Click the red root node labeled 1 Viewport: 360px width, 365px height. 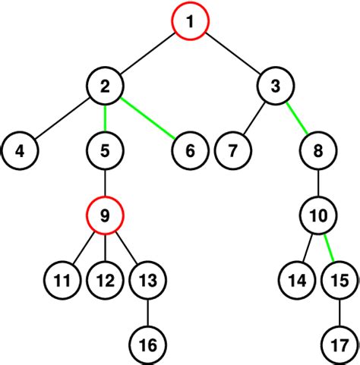pyautogui.click(x=190, y=23)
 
